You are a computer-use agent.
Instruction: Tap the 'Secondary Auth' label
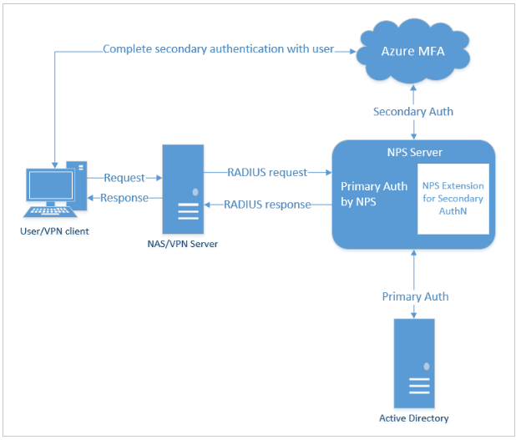[x=414, y=111]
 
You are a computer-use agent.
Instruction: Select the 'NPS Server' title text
[x=414, y=153]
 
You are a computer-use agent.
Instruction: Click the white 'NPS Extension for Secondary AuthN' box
[x=452, y=199]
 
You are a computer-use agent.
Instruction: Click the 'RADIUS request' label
[x=267, y=172]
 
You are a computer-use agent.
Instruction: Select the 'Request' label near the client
[x=124, y=178]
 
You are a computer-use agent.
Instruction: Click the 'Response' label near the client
[x=124, y=198]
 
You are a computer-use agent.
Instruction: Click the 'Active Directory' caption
[x=414, y=417]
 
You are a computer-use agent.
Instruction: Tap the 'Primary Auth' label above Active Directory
[x=415, y=296]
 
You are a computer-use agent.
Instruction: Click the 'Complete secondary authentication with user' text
[x=218, y=49]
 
